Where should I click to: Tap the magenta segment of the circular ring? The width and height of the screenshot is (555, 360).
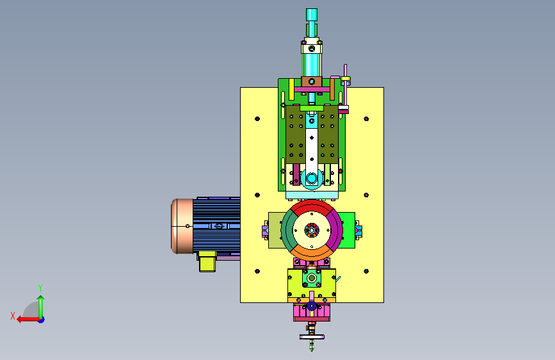pos(335,231)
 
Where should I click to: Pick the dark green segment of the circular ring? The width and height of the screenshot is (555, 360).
pos(288,231)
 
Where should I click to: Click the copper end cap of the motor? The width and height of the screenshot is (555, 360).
pos(182,226)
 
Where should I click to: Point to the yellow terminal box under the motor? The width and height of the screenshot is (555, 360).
pos(207,261)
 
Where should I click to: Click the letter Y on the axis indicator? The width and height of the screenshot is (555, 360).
pos(40,288)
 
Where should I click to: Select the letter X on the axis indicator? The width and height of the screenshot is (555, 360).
pos(13,316)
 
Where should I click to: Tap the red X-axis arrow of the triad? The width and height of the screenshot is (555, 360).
pos(28,320)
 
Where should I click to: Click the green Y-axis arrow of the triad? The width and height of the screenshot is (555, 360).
pos(41,307)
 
